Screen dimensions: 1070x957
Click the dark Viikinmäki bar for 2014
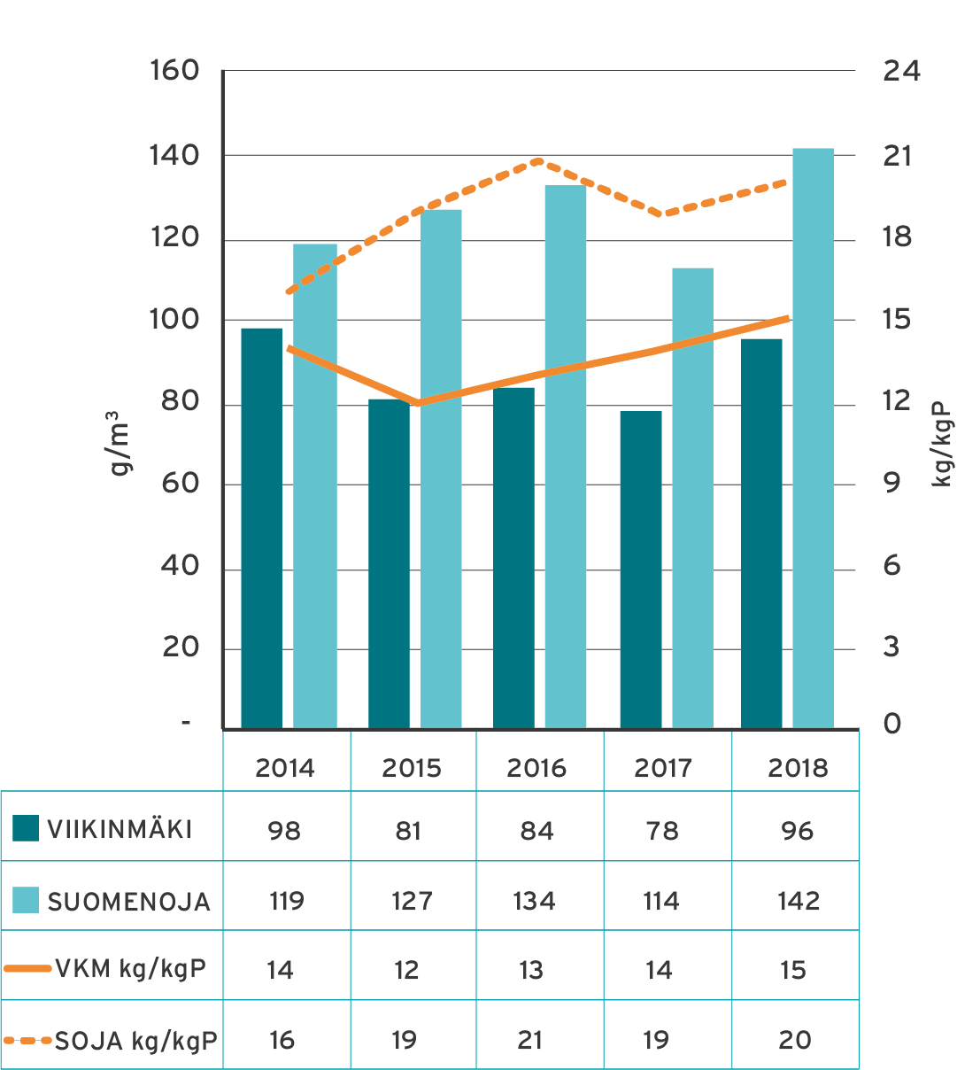pyautogui.click(x=261, y=528)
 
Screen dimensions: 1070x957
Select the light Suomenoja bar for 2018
pyautogui.click(x=814, y=438)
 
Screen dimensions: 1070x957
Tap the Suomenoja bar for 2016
pyautogui.click(x=566, y=457)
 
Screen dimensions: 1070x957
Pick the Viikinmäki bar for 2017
pyautogui.click(x=641, y=570)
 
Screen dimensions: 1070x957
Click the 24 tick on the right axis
pyautogui.click(x=901, y=71)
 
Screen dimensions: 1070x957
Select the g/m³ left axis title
pyautogui.click(x=122, y=443)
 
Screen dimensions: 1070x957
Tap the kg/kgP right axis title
pyautogui.click(x=943, y=440)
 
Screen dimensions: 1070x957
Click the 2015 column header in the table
pyautogui.click(x=412, y=767)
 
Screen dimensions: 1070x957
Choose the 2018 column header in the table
pyautogui.click(x=798, y=767)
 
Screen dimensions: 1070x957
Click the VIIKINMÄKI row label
pyautogui.click(x=120, y=830)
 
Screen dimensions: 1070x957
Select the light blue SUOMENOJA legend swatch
pyautogui.click(x=26, y=901)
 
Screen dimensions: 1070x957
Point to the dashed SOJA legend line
pyautogui.click(x=27, y=1040)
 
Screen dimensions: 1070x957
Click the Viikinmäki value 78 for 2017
pyautogui.click(x=662, y=831)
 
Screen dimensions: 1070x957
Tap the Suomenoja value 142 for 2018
pyautogui.click(x=798, y=901)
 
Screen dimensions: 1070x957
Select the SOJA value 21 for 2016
pyautogui.click(x=530, y=1040)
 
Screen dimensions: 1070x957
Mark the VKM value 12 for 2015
pyautogui.click(x=406, y=970)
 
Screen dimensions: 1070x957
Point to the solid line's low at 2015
pyautogui.click(x=417, y=404)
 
